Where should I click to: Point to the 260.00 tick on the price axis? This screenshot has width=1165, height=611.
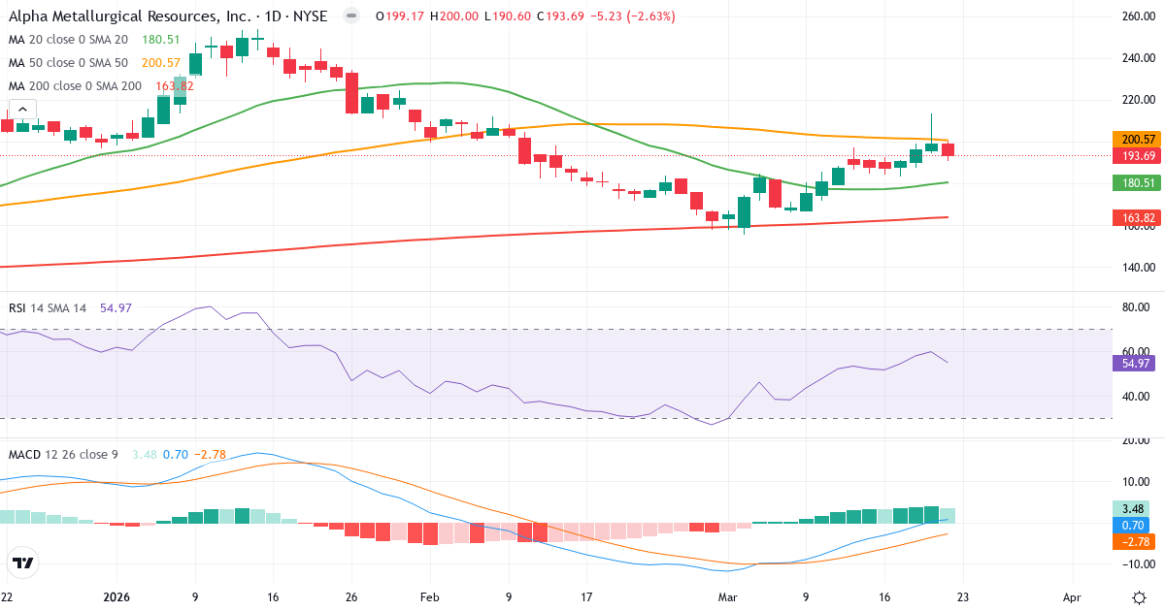pos(1137,16)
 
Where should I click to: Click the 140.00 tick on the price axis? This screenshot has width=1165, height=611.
pos(1137,268)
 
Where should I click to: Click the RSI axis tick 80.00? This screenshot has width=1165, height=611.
pos(1135,307)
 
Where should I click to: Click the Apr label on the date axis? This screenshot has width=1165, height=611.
pos(1072,596)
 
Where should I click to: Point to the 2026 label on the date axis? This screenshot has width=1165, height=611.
pos(116,596)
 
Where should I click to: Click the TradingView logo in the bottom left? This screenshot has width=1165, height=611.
pos(23,563)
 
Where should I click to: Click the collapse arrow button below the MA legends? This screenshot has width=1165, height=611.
pos(22,110)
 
